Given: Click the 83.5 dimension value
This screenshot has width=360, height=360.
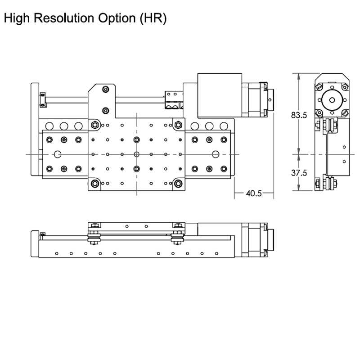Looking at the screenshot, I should tap(299, 115).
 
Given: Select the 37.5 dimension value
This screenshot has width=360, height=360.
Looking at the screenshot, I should tap(299, 173).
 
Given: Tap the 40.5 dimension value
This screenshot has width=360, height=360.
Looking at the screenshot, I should tap(254, 193).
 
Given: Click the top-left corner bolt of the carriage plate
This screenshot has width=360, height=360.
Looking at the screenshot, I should tap(94, 125).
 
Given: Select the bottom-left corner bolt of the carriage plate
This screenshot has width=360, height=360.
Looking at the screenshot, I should tap(94, 183).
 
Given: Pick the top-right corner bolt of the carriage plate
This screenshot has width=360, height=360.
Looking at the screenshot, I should tap(179, 125).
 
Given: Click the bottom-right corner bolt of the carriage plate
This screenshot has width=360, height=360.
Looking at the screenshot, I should tap(179, 183).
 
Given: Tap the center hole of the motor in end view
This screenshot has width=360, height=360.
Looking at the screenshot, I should tap(333, 100).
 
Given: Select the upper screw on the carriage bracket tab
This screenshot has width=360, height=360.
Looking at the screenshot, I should tap(105, 90).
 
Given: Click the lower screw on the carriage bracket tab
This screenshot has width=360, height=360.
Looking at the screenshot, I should tap(105, 110).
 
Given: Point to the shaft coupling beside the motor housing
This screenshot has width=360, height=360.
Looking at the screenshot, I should tap(173, 100).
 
